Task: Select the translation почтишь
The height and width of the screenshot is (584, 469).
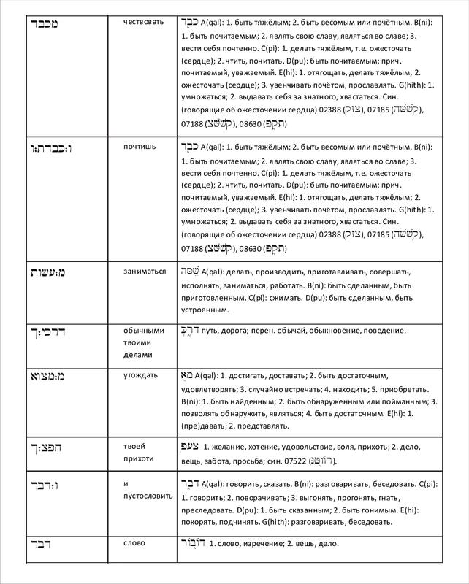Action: (x=142, y=146)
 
